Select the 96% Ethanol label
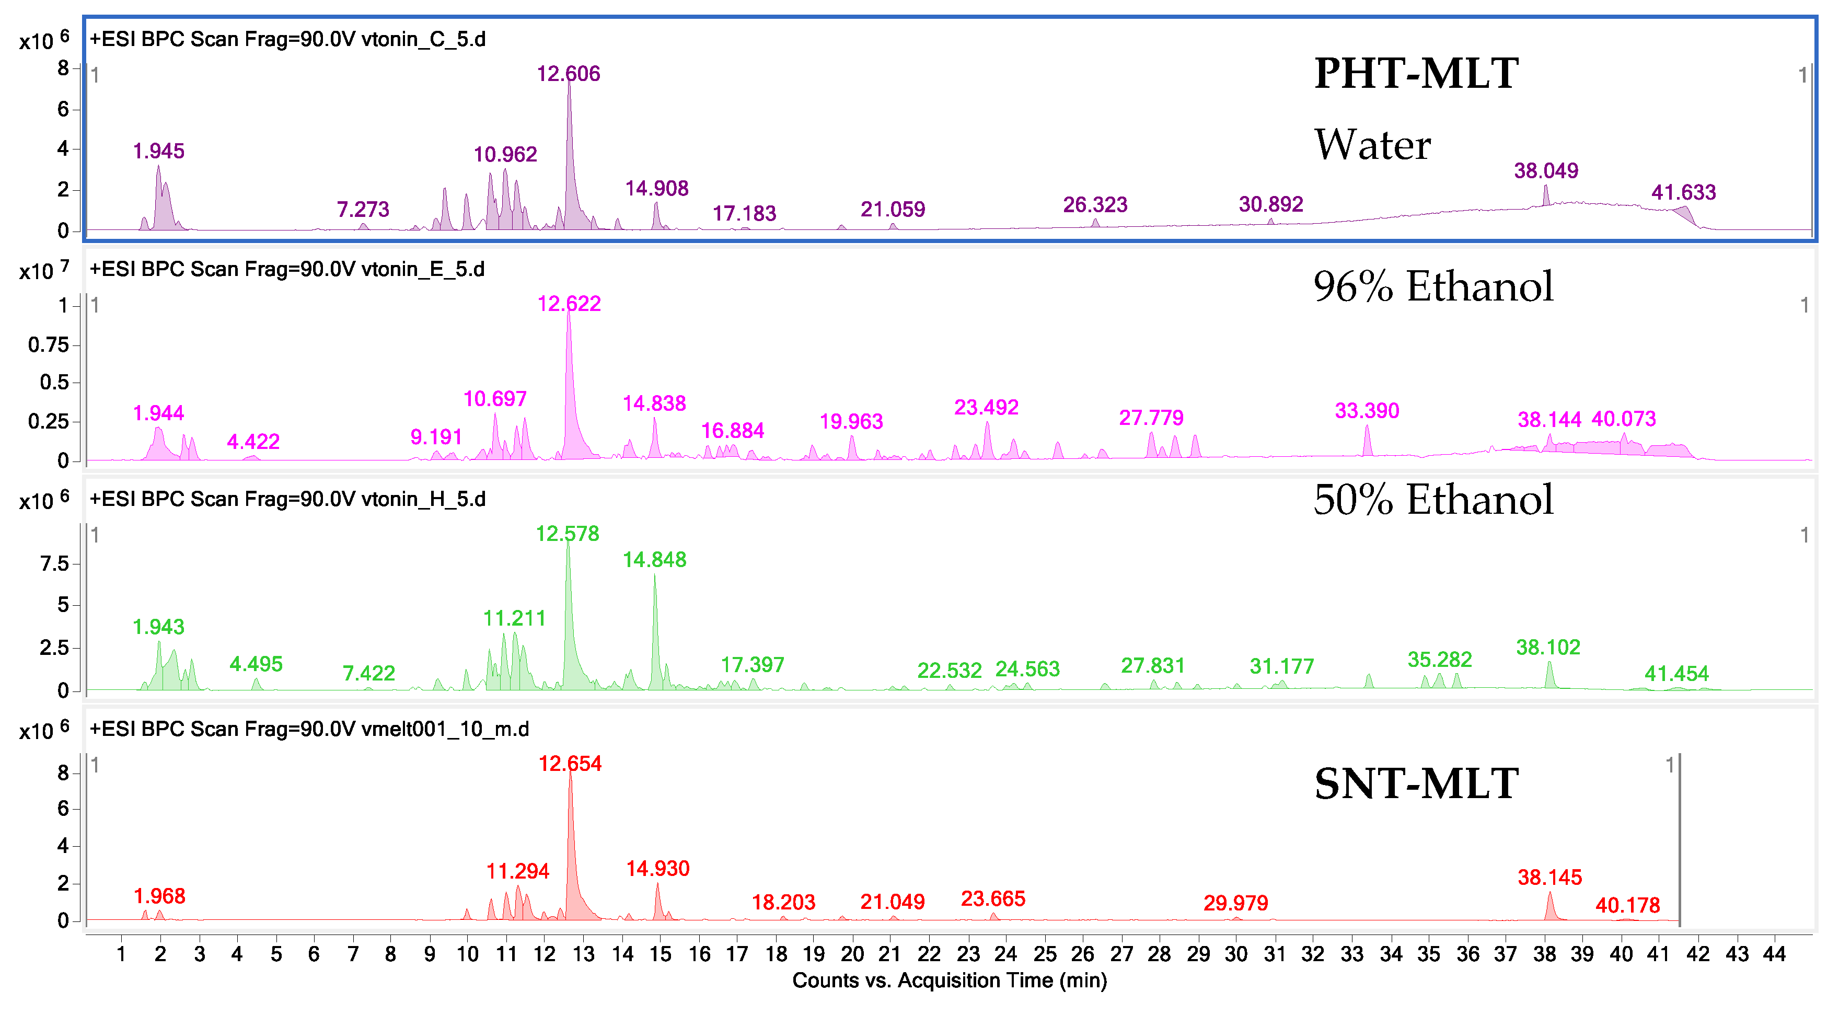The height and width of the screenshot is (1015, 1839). tap(1433, 286)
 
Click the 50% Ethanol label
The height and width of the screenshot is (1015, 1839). tap(1433, 499)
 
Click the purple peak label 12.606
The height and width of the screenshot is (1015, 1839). tap(568, 74)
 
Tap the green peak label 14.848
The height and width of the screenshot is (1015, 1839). tap(654, 560)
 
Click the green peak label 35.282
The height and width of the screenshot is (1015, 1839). tap(1439, 659)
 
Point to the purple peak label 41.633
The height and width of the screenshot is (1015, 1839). tap(1683, 192)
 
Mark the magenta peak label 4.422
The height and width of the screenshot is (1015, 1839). tap(253, 442)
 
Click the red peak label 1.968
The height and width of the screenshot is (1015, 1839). tap(159, 896)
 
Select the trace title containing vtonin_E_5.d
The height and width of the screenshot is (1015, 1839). tap(287, 269)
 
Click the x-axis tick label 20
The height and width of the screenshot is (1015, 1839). tap(852, 954)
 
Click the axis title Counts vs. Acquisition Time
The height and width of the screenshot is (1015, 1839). tap(949, 980)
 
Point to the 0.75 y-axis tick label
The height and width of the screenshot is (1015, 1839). tap(49, 345)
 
